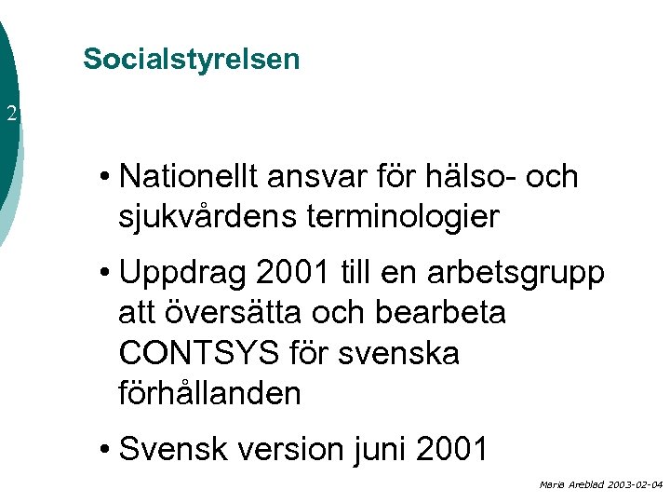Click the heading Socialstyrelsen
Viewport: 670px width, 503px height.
pyautogui.click(x=191, y=59)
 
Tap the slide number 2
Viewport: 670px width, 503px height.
pyautogui.click(x=11, y=116)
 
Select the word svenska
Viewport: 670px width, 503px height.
pyautogui.click(x=406, y=353)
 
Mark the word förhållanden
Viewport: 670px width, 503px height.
pyautogui.click(x=210, y=393)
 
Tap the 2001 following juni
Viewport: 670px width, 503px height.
pyautogui.click(x=451, y=449)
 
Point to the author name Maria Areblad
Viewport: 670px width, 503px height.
pyautogui.click(x=569, y=485)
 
